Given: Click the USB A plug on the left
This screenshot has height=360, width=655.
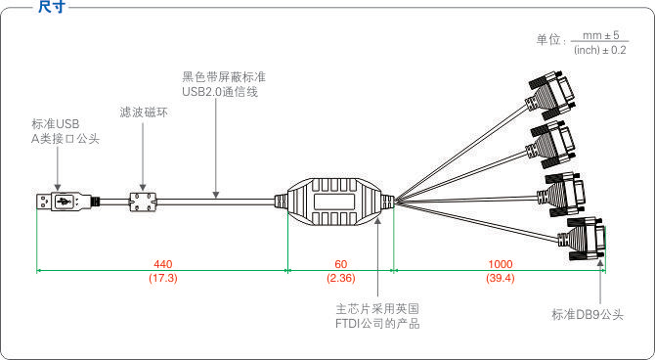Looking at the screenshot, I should [x=58, y=202].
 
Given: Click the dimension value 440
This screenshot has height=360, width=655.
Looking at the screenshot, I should [x=164, y=264].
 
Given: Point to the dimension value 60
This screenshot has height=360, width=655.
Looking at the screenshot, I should [x=340, y=264].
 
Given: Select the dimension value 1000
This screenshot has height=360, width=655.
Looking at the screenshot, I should [x=500, y=264].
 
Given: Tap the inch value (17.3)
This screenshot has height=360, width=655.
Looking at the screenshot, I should [x=163, y=279].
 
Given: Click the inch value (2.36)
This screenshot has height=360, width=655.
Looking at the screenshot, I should [x=340, y=279].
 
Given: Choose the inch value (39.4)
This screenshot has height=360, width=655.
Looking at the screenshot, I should [x=500, y=279].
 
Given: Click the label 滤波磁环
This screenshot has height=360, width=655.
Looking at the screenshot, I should [x=143, y=112].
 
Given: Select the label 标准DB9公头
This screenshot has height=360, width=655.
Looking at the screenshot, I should [x=588, y=314].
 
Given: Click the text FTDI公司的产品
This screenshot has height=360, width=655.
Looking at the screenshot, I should [x=377, y=323].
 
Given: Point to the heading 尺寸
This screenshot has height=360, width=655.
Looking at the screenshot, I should [x=51, y=7].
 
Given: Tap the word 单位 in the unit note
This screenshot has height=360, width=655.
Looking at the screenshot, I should [x=547, y=41].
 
